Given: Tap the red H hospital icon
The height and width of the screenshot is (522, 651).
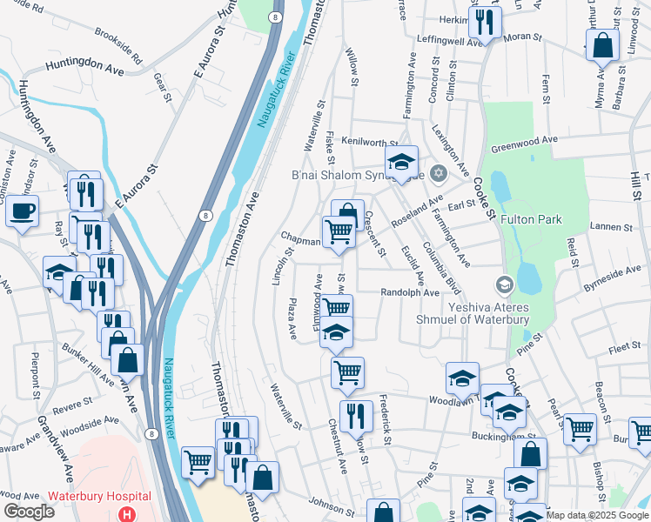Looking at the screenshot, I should [x=128, y=514].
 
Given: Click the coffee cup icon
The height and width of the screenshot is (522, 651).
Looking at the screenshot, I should [x=22, y=210].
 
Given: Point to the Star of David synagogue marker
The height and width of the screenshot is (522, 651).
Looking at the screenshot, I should [x=439, y=173].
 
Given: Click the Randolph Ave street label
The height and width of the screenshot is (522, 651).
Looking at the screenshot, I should [x=409, y=293].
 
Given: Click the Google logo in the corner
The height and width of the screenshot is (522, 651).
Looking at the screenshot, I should [x=29, y=512].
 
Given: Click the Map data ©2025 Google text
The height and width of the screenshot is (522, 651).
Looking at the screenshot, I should [x=597, y=515].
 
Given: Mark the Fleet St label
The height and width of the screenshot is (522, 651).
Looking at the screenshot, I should [x=623, y=348].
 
